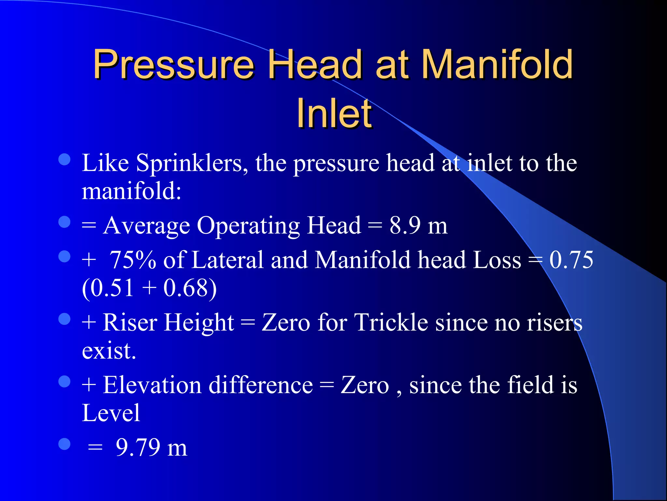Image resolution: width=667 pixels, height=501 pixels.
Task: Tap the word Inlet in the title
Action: pos(334,113)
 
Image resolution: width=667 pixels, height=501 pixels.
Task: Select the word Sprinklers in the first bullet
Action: pos(189,163)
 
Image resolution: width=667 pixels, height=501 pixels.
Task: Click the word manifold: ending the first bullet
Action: pos(131,191)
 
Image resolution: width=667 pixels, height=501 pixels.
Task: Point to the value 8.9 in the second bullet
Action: pos(405,225)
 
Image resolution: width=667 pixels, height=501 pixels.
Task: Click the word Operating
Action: pos(248,226)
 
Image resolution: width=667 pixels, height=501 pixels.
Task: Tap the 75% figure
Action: pos(133,260)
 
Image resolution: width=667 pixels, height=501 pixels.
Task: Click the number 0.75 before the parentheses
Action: pos(571,260)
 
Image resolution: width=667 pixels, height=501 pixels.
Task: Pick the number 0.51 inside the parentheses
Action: pos(112,288)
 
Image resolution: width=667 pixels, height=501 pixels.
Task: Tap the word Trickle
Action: pos(391,323)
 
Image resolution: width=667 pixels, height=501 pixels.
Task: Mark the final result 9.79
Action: pos(138,447)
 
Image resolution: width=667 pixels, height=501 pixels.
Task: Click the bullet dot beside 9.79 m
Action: pos(64,444)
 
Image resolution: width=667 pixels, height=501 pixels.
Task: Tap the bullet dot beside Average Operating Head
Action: pos(64,222)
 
